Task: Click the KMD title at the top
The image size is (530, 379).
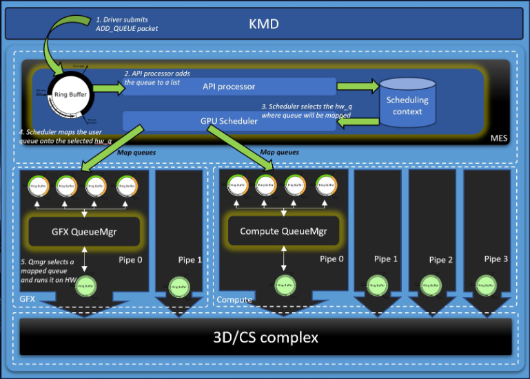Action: pos(265,25)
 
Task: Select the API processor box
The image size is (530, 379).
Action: pos(229,86)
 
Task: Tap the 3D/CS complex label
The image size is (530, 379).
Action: pos(265,338)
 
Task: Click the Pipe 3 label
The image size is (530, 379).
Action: pos(496,259)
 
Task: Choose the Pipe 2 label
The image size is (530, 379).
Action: pos(442,260)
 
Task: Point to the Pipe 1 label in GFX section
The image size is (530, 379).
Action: pos(190,260)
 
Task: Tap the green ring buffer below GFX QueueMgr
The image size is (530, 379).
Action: pos(84,284)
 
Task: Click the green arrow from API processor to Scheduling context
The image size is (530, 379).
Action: pos(358,87)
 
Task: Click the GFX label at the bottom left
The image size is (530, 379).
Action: pos(28,301)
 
